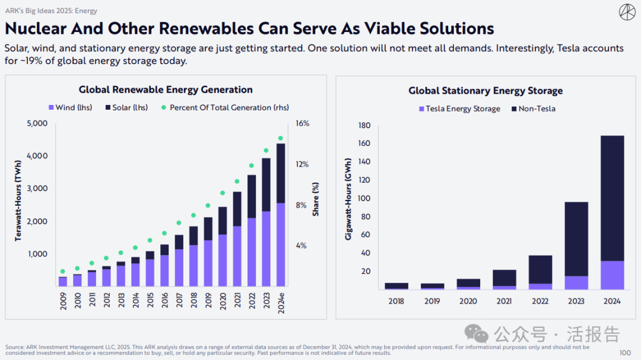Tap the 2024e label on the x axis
[x=281, y=304]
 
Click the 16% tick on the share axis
[x=303, y=123]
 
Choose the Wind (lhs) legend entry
[x=70, y=107]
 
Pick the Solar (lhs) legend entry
[x=127, y=107]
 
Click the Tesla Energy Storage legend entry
[x=459, y=109]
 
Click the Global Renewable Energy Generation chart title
[x=166, y=90]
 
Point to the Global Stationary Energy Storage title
[x=485, y=91]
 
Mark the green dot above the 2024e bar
[x=281, y=138]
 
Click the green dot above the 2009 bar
[x=63, y=271]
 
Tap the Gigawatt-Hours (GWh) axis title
[x=348, y=199]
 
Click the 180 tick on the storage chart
[x=364, y=125]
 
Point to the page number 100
[x=625, y=353]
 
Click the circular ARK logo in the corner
[x=627, y=12]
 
